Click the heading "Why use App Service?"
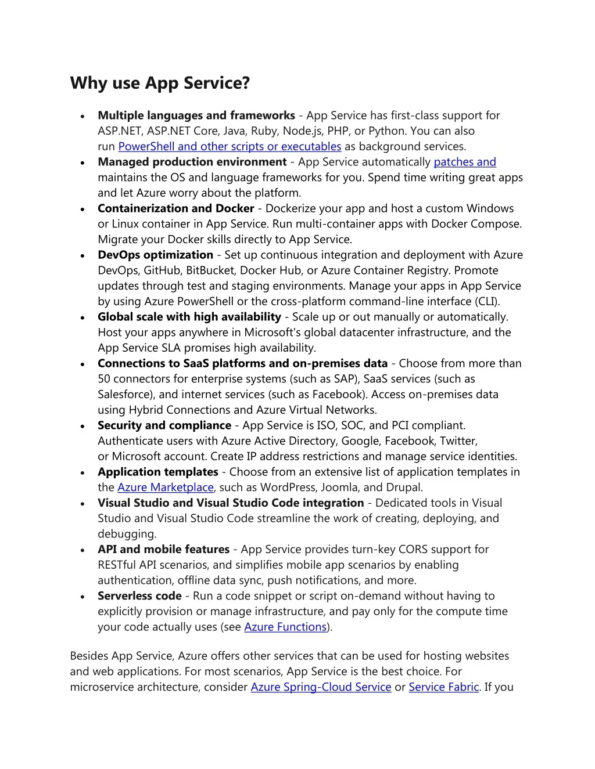[160, 84]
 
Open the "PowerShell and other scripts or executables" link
[230, 147]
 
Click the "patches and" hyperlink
[465, 163]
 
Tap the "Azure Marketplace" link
[166, 488]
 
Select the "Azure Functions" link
[285, 627]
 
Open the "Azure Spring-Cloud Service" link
[321, 687]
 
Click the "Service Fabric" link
[443, 687]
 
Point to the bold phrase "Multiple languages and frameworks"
[196, 115]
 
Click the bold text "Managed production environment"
[192, 163]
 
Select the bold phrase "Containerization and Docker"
[176, 208]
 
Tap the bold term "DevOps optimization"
[156, 255]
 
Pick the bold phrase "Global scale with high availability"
[189, 317]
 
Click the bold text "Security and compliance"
[164, 425]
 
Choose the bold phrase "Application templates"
[158, 472]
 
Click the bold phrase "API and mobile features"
[164, 550]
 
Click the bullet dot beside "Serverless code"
[84, 597]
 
